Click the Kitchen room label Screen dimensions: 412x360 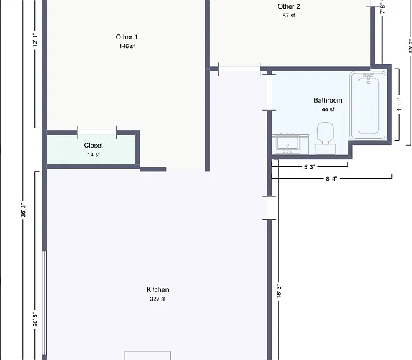click(158, 289)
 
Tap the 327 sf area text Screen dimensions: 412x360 click(158, 299)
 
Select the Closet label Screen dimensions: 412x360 click(93, 145)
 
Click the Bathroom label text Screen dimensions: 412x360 click(328, 100)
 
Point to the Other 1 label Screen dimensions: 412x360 click(127, 37)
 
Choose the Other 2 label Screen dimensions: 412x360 click(288, 6)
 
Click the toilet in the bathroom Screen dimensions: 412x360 click(325, 138)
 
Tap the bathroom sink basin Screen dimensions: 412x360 click(287, 144)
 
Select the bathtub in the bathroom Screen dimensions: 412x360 click(368, 105)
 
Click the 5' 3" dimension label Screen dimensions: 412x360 click(309, 167)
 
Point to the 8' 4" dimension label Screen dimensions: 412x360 click(331, 179)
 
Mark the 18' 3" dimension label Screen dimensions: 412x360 click(279, 291)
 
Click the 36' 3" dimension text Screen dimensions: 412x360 click(23, 210)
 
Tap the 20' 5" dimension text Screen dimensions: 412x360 click(35, 319)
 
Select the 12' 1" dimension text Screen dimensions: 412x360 click(35, 40)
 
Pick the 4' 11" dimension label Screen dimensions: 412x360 click(399, 105)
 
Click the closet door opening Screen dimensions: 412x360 click(97, 132)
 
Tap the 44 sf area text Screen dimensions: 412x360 click(328, 109)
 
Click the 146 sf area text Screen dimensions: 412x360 click(127, 46)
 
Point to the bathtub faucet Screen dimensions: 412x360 click(368, 77)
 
